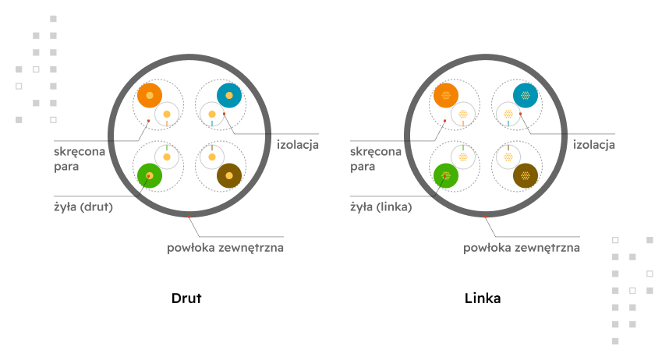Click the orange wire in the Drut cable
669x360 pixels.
click(150, 95)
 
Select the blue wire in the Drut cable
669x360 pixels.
click(229, 95)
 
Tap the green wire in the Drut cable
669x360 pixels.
click(149, 175)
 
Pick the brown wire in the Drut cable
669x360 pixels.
click(229, 175)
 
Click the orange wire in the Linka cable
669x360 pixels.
click(446, 95)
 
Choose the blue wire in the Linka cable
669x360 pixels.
click(526, 95)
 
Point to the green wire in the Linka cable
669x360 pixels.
click(446, 175)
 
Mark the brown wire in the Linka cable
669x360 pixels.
click(526, 175)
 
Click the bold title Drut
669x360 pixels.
click(186, 298)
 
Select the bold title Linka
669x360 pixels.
click(483, 298)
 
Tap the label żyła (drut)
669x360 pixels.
click(83, 207)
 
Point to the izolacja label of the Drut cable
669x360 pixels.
click(298, 145)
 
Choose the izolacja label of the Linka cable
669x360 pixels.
click(594, 145)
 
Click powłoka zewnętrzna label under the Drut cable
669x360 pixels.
click(225, 249)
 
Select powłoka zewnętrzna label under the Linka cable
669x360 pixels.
click(522, 249)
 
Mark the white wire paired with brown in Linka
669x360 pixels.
click(508, 157)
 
